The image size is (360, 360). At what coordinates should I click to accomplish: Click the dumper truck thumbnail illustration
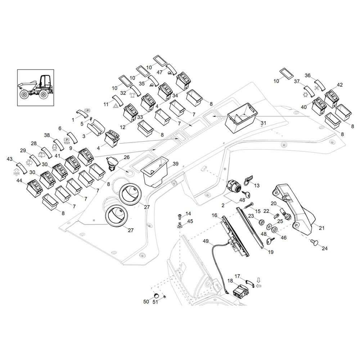36,88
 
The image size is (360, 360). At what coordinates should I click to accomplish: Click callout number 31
263,123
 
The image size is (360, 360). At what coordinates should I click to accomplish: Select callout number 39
175,164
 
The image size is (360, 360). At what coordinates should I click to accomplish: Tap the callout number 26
127,157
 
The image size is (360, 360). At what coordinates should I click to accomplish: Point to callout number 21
322,228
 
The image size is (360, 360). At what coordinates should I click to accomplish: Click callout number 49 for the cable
206,241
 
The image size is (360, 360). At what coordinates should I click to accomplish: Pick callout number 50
146,302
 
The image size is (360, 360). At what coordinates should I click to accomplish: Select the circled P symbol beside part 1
87,111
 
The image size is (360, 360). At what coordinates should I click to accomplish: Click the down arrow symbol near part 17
258,280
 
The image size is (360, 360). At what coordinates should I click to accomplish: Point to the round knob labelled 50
156,295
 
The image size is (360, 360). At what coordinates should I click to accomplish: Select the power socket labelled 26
112,164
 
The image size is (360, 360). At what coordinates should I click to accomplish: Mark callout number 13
257,185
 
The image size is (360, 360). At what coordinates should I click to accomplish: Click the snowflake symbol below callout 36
317,87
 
